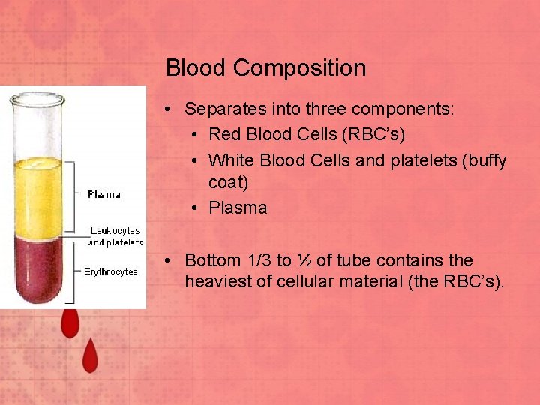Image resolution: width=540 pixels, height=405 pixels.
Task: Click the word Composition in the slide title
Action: pos(299,68)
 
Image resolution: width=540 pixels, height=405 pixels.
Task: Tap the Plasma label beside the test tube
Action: pos(104,194)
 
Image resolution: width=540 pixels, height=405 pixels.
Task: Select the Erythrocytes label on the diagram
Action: pos(111,271)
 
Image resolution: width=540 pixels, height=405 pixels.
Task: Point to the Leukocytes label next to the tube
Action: pos(115,231)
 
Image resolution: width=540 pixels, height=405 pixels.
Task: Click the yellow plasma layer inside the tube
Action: pos(38,195)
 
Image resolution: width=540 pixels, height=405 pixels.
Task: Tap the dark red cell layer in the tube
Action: pos(38,270)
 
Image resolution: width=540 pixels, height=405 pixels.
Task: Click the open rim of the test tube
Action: pos(37,98)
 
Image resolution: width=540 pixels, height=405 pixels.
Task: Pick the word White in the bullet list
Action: pos(231,160)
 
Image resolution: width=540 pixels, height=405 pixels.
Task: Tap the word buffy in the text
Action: pos(486,160)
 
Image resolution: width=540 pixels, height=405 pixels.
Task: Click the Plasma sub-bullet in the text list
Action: pos(238,208)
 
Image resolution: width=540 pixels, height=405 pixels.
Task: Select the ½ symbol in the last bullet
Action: pos(304,260)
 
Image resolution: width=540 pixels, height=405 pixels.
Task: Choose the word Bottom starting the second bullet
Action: pos(213,260)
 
